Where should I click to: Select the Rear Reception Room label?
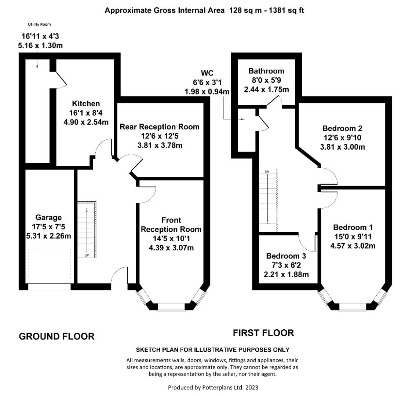160,127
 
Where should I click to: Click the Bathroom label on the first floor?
266,71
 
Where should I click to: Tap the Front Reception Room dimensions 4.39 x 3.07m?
171,248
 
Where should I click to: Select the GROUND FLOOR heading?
56,336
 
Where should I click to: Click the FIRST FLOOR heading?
263,333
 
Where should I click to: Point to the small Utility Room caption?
39,25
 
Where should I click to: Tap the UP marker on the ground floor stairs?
87,255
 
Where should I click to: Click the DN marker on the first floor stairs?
267,172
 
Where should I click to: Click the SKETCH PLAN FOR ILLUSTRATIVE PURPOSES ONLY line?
213,349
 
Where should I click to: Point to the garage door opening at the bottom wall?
50,287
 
